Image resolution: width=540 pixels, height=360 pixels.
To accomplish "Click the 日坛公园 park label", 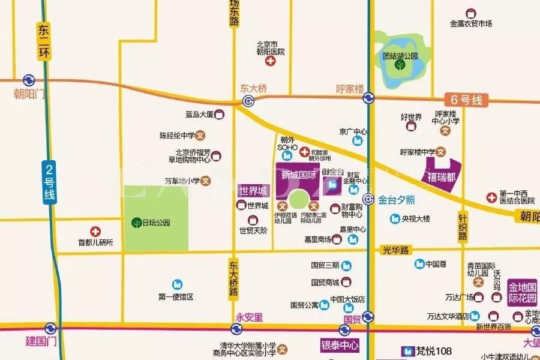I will [x=155, y=223].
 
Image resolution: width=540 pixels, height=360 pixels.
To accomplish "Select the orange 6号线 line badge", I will [x=463, y=100].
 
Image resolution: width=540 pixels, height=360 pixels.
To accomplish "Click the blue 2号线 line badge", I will [x=49, y=182].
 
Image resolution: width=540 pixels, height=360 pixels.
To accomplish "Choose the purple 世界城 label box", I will [x=254, y=191].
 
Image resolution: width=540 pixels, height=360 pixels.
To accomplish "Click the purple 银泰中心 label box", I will [x=339, y=346].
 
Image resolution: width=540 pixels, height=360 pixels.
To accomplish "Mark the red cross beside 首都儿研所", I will [x=95, y=231].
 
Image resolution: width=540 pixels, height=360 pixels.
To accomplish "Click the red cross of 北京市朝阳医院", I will [x=271, y=62].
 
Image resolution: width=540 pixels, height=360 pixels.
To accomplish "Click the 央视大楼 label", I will [x=416, y=218].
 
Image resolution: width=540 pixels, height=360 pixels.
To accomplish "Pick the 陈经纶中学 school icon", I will [x=201, y=136].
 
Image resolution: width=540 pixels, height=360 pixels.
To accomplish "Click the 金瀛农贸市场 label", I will [x=471, y=23].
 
